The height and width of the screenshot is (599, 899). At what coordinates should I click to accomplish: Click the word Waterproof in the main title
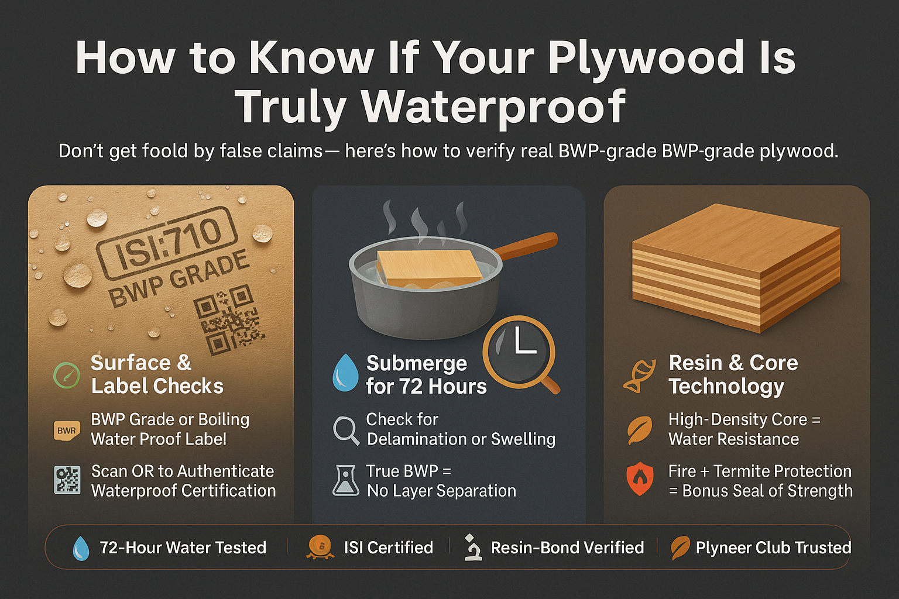(x=493, y=107)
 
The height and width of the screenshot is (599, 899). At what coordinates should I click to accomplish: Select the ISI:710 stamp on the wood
(x=166, y=242)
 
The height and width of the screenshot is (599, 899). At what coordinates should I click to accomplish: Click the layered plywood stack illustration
(x=736, y=266)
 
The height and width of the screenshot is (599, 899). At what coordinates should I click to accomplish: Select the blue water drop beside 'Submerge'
(x=345, y=373)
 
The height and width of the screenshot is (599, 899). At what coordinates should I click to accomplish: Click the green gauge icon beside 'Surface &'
(x=67, y=375)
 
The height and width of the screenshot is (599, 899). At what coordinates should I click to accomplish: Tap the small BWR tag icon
(x=66, y=431)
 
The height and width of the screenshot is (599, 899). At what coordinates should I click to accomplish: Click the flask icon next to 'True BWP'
(x=345, y=481)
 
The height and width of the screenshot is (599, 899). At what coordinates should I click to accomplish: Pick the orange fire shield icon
(x=640, y=479)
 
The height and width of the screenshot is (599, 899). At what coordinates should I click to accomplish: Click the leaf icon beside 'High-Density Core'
(x=639, y=430)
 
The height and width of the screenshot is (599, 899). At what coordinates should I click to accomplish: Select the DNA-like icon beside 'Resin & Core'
(x=638, y=376)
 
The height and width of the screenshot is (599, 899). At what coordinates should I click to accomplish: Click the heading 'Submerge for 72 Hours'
(x=426, y=375)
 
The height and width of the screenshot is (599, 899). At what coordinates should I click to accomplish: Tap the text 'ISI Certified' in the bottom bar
(x=388, y=548)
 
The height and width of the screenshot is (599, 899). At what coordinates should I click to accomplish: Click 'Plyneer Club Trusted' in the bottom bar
(x=773, y=548)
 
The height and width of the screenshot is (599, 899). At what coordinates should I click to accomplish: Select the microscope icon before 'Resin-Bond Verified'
(x=472, y=548)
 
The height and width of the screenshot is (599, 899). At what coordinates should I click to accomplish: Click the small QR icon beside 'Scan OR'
(x=67, y=480)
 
